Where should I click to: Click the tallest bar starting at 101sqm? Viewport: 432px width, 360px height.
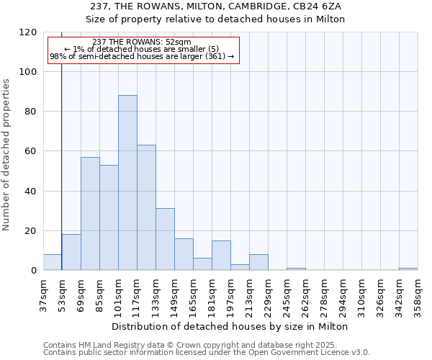point(127,183)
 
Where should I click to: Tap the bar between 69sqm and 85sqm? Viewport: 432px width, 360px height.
point(90,214)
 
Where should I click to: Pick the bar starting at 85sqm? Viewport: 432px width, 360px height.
point(109,217)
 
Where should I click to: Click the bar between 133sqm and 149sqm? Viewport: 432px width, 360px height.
point(165,239)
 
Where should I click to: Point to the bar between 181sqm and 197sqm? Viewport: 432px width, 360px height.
point(221,256)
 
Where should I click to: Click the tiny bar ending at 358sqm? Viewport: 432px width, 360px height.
point(408,269)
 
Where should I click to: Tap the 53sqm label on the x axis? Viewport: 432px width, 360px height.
point(62,296)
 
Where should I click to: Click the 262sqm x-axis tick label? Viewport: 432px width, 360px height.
point(305,297)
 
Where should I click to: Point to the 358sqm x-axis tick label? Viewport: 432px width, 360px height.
point(418,297)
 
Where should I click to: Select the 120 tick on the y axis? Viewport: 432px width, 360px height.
point(28,32)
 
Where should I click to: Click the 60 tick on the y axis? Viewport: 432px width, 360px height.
point(31,151)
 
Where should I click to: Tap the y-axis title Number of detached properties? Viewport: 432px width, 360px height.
point(6,155)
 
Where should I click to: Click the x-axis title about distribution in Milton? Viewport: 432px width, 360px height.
point(230,326)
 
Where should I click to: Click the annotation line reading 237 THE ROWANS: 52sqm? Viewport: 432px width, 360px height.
point(143,42)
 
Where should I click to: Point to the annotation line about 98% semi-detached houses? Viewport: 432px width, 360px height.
point(143,56)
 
